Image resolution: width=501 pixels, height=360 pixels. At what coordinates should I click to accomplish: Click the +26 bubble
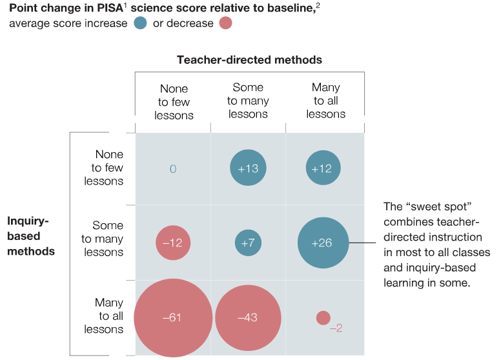tap(323, 243)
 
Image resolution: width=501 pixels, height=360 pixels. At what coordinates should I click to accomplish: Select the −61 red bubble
tap(173, 317)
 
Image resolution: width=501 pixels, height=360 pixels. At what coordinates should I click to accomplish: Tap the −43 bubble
tap(248, 317)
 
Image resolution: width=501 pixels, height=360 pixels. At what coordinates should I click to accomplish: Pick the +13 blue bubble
tap(249, 168)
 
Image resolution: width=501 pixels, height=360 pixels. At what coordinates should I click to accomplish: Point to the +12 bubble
tap(323, 168)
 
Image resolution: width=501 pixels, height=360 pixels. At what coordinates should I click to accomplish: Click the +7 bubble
tap(249, 243)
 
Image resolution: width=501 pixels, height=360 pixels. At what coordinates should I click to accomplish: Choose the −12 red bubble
tap(173, 243)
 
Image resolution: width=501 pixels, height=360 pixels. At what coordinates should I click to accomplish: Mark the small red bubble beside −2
tap(323, 317)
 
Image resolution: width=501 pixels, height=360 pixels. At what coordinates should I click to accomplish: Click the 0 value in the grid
tap(173, 168)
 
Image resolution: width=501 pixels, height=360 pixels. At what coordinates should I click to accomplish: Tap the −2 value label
tap(336, 328)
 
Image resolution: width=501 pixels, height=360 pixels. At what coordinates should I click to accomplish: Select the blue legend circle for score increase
tap(141, 23)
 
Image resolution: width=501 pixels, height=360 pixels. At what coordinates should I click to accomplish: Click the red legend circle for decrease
tap(225, 23)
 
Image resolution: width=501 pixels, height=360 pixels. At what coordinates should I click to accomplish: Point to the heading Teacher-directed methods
tap(249, 60)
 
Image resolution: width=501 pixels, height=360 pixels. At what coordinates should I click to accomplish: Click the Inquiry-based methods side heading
tap(31, 235)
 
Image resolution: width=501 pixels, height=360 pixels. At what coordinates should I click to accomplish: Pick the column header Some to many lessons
tap(248, 101)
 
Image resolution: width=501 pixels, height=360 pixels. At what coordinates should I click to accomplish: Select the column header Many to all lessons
tap(325, 101)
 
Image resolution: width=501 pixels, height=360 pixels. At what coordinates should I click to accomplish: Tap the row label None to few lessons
tap(105, 168)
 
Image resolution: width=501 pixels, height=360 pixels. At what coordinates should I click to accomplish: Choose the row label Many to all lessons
tap(105, 316)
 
